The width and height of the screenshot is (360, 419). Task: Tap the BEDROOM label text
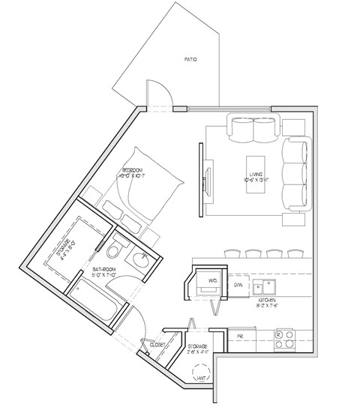[x=132, y=171]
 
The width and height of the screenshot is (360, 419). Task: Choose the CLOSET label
[x=158, y=346]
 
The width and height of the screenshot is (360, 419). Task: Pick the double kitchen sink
[x=265, y=287]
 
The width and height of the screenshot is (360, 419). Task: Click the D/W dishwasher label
[x=238, y=286]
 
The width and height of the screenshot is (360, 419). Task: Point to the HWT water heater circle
[x=201, y=375]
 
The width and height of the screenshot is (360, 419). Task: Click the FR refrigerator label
[x=241, y=336]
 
